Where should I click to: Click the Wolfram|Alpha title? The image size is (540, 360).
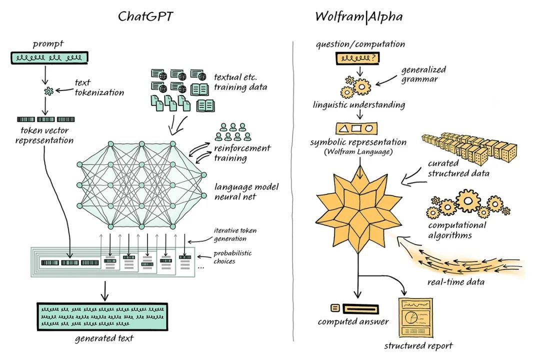[358, 16]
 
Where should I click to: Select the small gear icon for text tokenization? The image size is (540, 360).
[49, 90]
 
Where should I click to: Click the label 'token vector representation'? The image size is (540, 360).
[44, 135]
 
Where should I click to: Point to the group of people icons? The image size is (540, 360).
[231, 131]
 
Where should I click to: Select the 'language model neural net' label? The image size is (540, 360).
[246, 192]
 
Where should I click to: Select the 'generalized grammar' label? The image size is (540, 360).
[423, 74]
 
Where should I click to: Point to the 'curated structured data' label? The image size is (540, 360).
[458, 168]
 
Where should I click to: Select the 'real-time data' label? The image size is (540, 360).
[455, 282]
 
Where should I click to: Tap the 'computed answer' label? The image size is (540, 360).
[353, 321]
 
